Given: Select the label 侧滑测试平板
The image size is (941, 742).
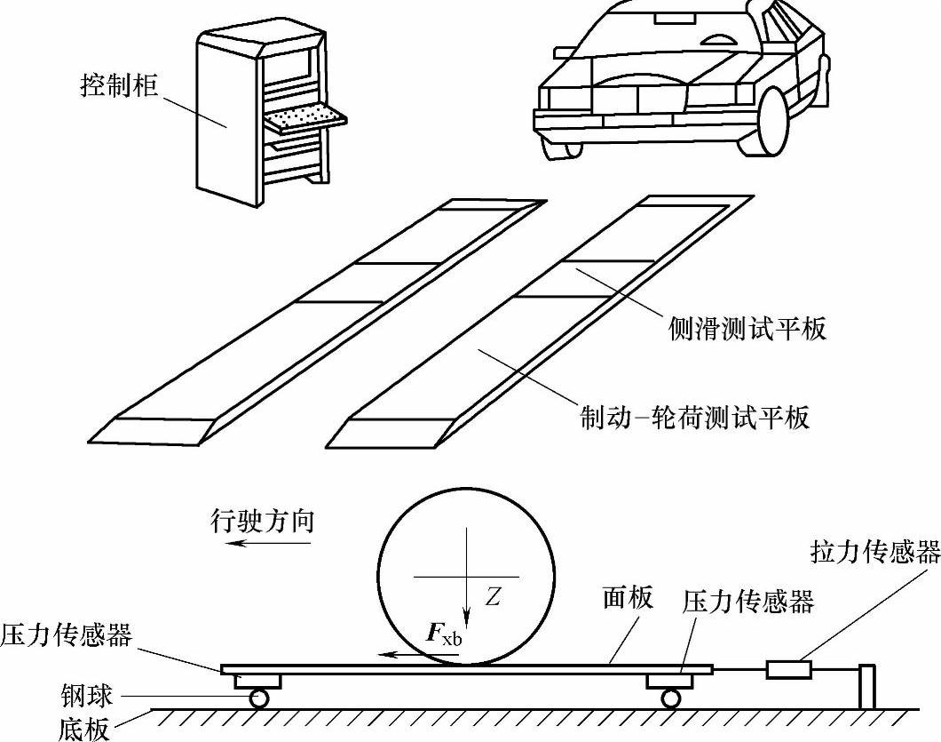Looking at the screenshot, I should click(747, 329).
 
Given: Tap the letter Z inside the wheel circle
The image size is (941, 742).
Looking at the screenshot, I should click(494, 598).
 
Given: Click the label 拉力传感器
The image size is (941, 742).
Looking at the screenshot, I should click(875, 554).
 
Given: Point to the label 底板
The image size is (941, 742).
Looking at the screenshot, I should click(87, 729).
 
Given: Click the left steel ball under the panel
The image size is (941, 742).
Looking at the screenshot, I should click(259, 698).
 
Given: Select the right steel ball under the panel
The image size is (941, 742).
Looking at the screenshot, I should click(670, 698).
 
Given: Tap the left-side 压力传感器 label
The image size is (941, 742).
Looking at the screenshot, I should click(67, 635).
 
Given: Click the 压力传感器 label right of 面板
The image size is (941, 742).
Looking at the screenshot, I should click(748, 602).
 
